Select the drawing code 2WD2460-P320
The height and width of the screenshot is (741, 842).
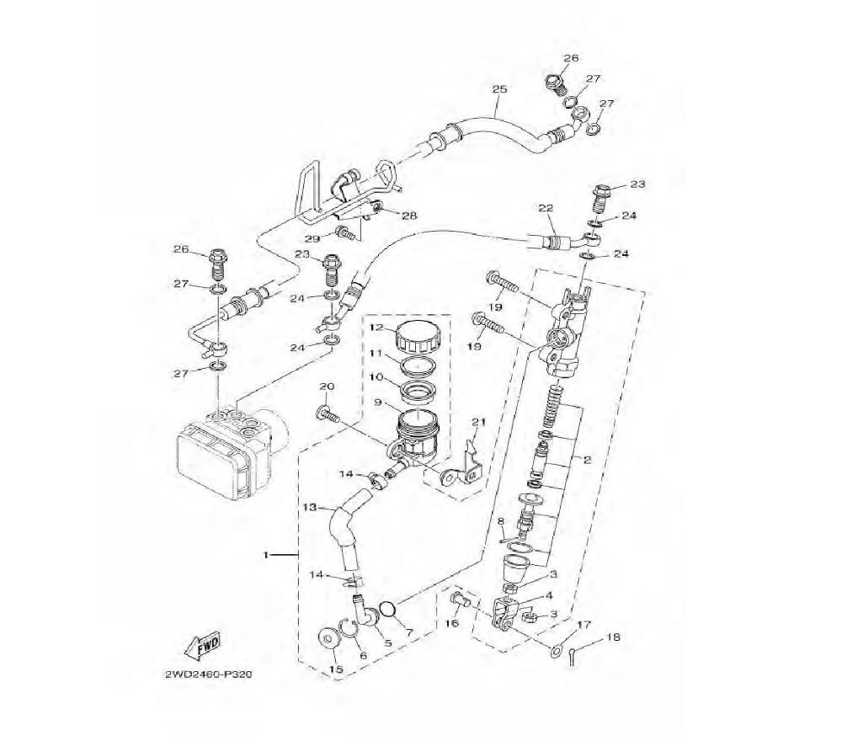[209, 674]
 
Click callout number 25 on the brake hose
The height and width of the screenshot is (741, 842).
[499, 88]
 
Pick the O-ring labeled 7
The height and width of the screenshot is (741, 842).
[388, 610]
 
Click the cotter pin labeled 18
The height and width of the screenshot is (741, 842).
[574, 656]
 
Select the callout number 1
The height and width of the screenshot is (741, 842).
[265, 555]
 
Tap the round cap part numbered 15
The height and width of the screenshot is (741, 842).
[328, 638]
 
